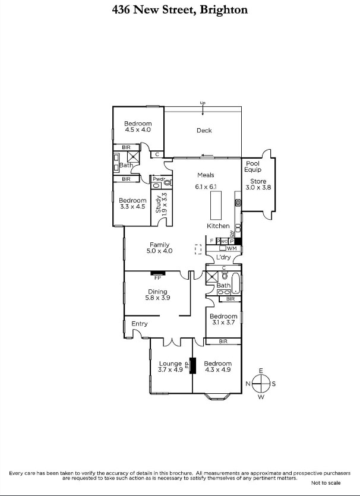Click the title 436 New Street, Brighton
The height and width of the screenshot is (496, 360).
pyautogui.click(x=180, y=10)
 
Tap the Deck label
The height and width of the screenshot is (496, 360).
pyautogui.click(x=204, y=130)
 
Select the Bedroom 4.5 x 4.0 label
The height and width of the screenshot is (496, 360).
pyautogui.click(x=138, y=127)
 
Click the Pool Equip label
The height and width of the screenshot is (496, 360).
pyautogui.click(x=253, y=166)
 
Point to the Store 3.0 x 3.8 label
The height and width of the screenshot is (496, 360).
pyautogui.click(x=258, y=185)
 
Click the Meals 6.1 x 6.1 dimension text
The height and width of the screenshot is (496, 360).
pyautogui.click(x=206, y=187)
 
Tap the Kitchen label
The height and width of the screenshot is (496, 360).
pyautogui.click(x=218, y=226)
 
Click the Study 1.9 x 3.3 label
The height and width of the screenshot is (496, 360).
pyautogui.click(x=162, y=203)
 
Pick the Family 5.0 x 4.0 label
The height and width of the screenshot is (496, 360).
pyautogui.click(x=159, y=248)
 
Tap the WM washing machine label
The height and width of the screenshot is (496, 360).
pyautogui.click(x=231, y=248)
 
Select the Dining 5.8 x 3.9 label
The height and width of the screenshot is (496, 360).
pyautogui.click(x=157, y=295)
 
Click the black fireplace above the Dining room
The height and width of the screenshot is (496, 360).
pyautogui.click(x=157, y=274)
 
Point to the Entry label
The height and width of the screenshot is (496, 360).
pyautogui.click(x=140, y=324)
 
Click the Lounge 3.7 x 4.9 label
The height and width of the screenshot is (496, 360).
pyautogui.click(x=170, y=367)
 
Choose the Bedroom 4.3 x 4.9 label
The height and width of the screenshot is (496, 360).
pyautogui.click(x=217, y=367)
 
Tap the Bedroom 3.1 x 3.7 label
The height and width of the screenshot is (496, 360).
pyautogui.click(x=223, y=320)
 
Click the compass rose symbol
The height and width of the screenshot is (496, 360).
pyautogui.click(x=261, y=384)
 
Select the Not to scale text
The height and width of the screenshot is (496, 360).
pyautogui.click(x=326, y=482)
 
